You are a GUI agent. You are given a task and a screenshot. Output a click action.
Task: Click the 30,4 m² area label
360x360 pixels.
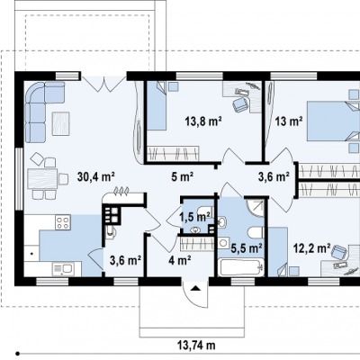(96, 176)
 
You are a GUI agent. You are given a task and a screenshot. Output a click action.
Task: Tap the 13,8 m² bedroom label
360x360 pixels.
(203, 121)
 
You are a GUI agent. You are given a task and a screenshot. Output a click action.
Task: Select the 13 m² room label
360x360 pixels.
(289, 121)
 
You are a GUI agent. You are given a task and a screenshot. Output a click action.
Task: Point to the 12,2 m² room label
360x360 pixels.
(311, 248)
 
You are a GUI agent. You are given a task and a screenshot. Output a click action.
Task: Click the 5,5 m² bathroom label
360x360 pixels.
(247, 247)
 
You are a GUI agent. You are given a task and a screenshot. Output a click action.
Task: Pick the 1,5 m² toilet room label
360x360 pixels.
(194, 217)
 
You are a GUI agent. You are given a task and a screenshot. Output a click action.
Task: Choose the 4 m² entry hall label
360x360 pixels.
(180, 260)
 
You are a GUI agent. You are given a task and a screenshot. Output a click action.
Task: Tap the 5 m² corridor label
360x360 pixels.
(182, 177)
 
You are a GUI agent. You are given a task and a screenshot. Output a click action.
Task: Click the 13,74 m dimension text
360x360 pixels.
(197, 346)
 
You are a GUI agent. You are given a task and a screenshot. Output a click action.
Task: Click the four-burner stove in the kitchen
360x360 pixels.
(63, 222)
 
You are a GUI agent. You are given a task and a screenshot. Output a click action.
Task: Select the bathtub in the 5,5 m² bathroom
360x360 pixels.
(241, 268)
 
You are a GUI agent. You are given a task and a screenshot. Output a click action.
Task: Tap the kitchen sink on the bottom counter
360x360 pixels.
(63, 268)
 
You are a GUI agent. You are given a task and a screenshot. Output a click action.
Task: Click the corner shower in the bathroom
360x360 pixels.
(256, 208)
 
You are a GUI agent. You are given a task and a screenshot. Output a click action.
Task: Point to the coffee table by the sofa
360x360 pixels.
(61, 123)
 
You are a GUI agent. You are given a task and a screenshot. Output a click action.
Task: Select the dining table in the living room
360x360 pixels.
(42, 179)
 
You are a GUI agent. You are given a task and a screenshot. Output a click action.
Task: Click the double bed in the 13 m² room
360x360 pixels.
(333, 121)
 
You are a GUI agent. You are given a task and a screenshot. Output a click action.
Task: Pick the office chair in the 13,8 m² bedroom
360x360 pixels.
(240, 103)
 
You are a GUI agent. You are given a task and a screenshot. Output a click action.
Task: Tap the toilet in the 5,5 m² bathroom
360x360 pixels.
(256, 235)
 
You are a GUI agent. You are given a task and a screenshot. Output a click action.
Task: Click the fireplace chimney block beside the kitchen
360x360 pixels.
(112, 214)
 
